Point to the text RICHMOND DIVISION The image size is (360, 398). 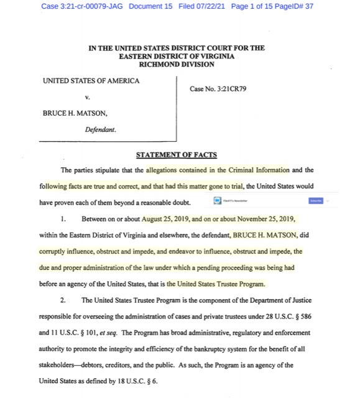(x=177, y=63)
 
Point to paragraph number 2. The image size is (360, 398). (x=64, y=300)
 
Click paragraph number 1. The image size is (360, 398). (x=64, y=220)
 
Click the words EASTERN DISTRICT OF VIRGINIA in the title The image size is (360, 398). (x=177, y=55)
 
